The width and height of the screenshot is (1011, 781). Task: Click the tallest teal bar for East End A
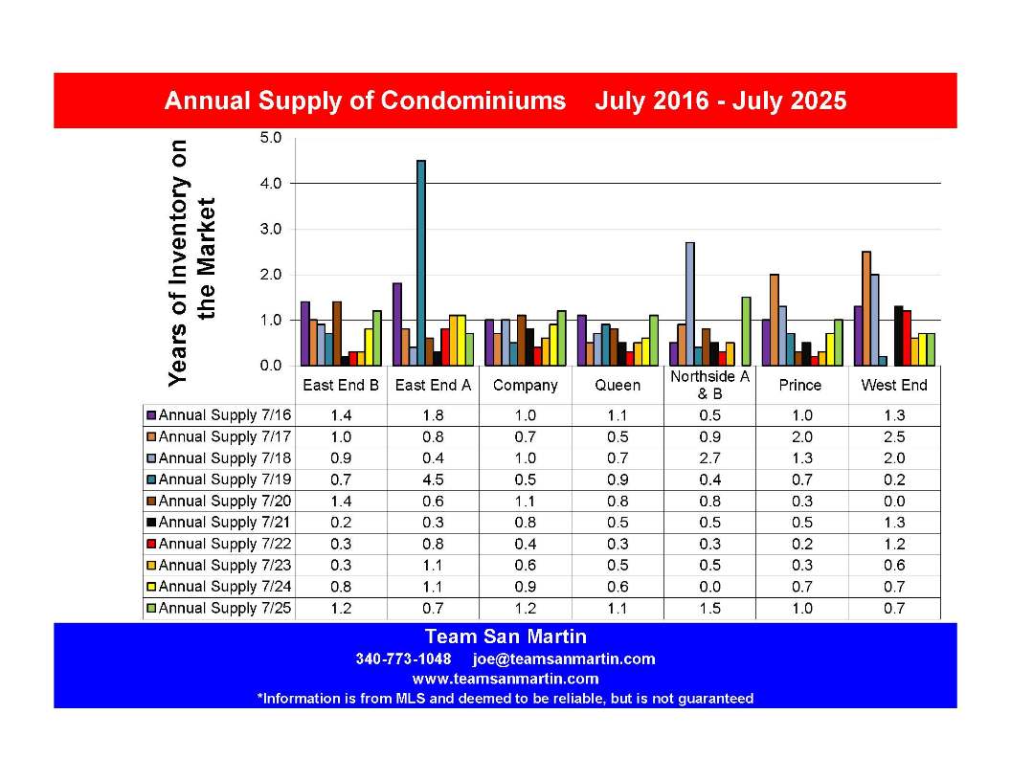point(421,263)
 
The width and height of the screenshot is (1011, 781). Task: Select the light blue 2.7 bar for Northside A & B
point(690,304)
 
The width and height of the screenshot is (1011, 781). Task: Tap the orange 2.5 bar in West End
point(865,308)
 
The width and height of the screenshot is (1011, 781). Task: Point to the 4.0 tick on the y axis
point(272,184)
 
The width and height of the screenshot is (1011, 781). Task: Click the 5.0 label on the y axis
point(272,138)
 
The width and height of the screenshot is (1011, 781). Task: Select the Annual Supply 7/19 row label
point(225,480)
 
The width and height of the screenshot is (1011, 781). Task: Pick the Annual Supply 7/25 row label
point(225,608)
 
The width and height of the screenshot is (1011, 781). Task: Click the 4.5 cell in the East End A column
point(433,480)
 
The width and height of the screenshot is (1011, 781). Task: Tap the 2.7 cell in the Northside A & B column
point(709,458)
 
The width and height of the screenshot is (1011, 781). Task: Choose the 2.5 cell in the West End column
point(894,436)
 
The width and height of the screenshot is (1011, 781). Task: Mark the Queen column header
point(618,386)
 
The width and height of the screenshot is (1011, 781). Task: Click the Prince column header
point(800,386)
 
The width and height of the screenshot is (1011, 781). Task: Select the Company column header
point(525,386)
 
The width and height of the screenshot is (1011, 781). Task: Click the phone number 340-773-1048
point(404,659)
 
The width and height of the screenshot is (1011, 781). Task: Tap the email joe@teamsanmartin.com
point(564,659)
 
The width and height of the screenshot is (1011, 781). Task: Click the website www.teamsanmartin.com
point(505,679)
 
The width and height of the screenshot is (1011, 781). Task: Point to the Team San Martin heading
point(505,636)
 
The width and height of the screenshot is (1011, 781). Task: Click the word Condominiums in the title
point(473,101)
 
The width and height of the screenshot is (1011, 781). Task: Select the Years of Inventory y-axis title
point(191,263)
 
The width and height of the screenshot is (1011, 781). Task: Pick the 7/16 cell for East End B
point(341,415)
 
